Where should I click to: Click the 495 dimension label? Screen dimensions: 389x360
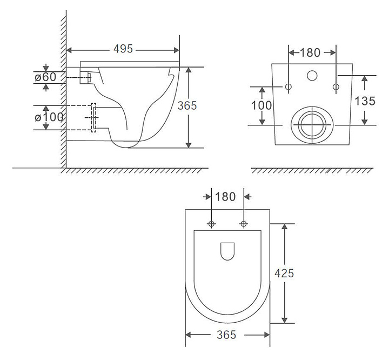coord(123,49)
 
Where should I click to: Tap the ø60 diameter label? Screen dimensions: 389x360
coord(45,77)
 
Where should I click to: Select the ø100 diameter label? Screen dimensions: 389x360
coord(49,117)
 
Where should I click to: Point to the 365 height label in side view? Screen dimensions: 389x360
coord(187,105)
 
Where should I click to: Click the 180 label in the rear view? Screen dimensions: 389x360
coord(310,52)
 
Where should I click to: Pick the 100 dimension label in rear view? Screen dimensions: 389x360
coord(261,105)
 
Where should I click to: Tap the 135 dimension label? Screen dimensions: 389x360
coord(365,101)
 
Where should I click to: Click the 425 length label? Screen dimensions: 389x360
coord(284,273)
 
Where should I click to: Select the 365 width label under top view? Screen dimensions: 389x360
coord(226,335)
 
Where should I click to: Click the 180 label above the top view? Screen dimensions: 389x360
coord(225,197)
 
